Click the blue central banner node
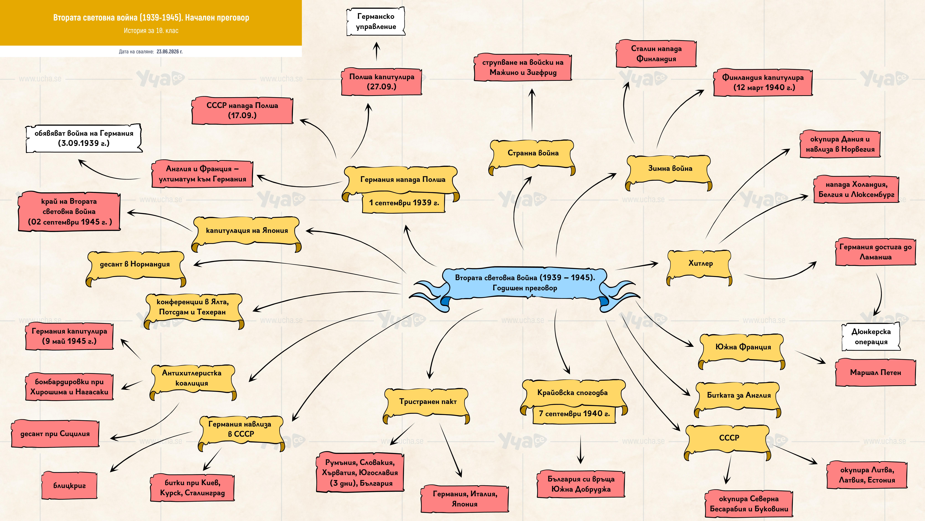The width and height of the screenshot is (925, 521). (524, 284)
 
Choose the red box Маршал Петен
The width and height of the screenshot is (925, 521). (875, 373)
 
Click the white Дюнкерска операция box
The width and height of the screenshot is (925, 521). (871, 337)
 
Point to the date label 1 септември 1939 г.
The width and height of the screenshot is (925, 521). (404, 203)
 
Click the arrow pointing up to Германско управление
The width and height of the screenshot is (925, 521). (376, 51)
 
